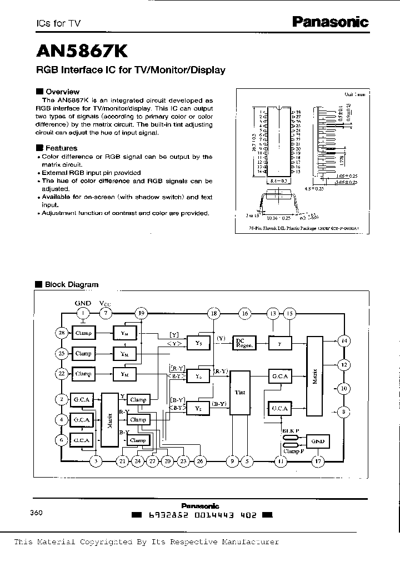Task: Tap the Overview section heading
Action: coord(63,91)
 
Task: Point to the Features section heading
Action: coord(61,148)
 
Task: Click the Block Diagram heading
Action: coord(71,284)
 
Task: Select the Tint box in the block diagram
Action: coord(240,392)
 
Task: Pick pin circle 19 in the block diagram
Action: coord(142,313)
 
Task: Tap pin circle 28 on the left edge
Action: coord(62,332)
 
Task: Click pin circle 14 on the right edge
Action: coord(344,340)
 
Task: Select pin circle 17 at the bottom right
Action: coord(318,460)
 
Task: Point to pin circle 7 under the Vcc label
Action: coord(106,313)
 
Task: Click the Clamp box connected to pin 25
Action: coord(83,353)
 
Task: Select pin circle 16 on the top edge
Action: coord(244,313)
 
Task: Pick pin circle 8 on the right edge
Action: coord(344,412)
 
